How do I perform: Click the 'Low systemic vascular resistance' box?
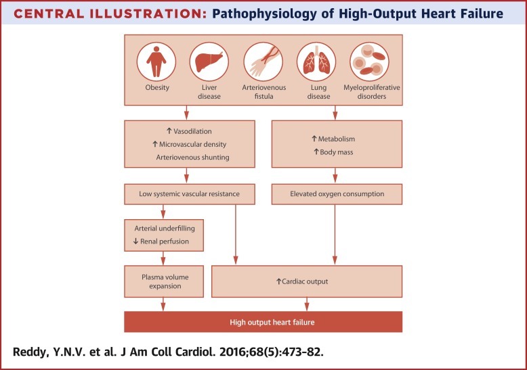pyautogui.click(x=192, y=194)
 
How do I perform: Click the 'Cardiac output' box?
pyautogui.click(x=307, y=281)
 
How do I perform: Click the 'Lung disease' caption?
pyautogui.click(x=316, y=92)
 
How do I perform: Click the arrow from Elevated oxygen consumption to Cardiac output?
pyautogui.click(x=335, y=234)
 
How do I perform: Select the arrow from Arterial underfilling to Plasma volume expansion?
pyautogui.click(x=164, y=258)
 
